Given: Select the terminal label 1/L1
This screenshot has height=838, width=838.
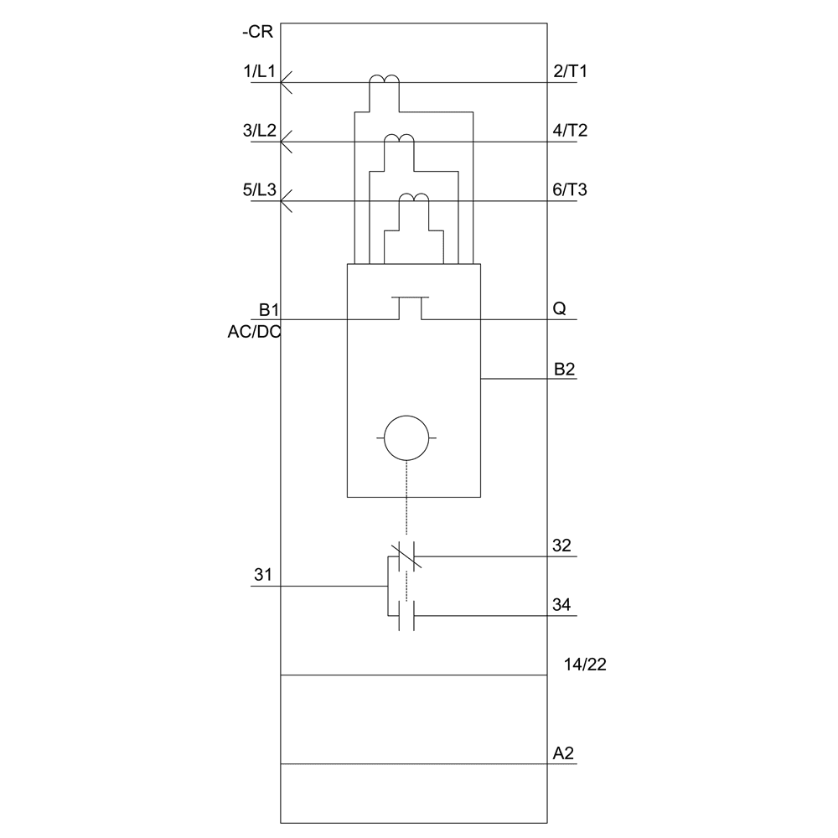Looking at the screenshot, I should pyautogui.click(x=259, y=72).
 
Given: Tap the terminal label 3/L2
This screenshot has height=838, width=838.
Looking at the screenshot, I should pyautogui.click(x=259, y=131).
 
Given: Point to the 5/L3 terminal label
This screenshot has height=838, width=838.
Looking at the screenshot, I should pyautogui.click(x=259, y=190).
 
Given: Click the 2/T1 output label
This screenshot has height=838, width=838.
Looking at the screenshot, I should pyautogui.click(x=571, y=72).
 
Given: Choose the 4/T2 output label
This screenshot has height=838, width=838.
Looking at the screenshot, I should pyautogui.click(x=571, y=131).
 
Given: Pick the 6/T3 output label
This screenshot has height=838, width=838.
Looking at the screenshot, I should pyautogui.click(x=571, y=190).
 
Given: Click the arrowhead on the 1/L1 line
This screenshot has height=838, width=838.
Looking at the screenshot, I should pyautogui.click(x=286, y=83).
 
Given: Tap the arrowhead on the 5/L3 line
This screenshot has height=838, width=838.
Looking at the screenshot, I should pyautogui.click(x=286, y=201).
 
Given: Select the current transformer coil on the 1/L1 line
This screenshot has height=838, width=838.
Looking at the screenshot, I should pyautogui.click(x=385, y=80).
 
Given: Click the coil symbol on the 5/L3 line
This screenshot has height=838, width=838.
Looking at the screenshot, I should pyautogui.click(x=413, y=199).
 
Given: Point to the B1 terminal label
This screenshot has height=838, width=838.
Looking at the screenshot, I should pyautogui.click(x=269, y=309).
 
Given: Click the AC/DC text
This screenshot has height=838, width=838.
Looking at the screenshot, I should pyautogui.click(x=255, y=331).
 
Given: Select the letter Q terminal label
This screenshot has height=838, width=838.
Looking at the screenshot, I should pyautogui.click(x=559, y=309).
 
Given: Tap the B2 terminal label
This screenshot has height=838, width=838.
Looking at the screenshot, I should pyautogui.click(x=564, y=368).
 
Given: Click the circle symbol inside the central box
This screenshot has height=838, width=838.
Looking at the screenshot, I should pyautogui.click(x=406, y=438).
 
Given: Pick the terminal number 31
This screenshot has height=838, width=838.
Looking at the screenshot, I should pyautogui.click(x=263, y=576).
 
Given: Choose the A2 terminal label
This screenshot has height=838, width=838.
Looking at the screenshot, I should pyautogui.click(x=563, y=753).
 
